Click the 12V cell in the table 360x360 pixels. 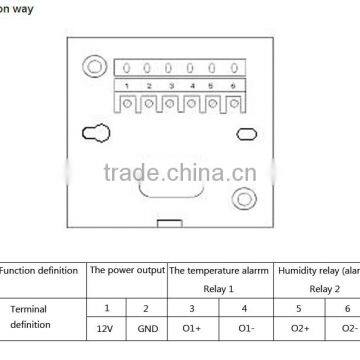(x=105, y=329)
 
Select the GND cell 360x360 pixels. (x=146, y=329)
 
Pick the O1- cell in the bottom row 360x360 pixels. (x=244, y=329)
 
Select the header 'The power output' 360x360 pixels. (x=125, y=270)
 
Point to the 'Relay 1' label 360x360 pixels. (x=218, y=288)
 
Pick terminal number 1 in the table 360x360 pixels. (x=105, y=308)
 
